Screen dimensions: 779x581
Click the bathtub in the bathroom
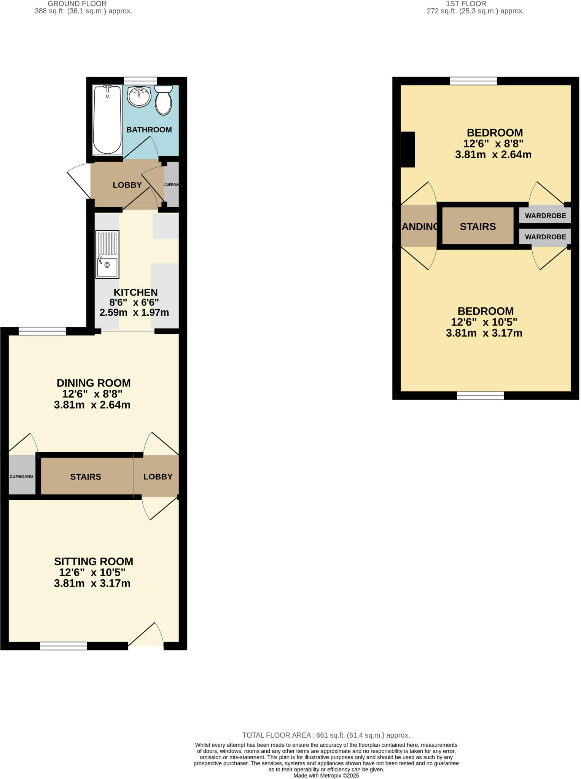coord(107,120)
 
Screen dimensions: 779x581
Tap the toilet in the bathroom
coord(163,100)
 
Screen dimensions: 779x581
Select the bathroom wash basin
coord(139,97)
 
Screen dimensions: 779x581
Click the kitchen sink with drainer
coord(107,254)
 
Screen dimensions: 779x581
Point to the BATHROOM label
coord(149,130)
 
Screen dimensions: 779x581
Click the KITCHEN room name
coord(135,292)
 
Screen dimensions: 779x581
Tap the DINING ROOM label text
coord(94,383)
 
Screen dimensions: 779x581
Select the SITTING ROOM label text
coord(94,561)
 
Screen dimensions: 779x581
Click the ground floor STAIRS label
coord(86,477)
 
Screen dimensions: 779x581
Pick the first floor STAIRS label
coord(478,227)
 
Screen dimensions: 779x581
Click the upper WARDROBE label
coord(545,216)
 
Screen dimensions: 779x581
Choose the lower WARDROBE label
coord(545,237)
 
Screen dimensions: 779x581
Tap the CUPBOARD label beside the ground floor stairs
coord(21,477)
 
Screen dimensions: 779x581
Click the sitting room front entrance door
coord(146,643)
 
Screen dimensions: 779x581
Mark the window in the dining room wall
coord(42,331)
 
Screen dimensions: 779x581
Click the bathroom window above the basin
coord(140,81)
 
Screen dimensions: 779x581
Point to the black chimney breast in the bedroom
coord(408,149)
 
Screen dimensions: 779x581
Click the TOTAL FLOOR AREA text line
coord(326,735)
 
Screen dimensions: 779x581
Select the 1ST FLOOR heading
coord(466,4)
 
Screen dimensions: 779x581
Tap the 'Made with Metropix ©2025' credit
coord(326,776)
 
